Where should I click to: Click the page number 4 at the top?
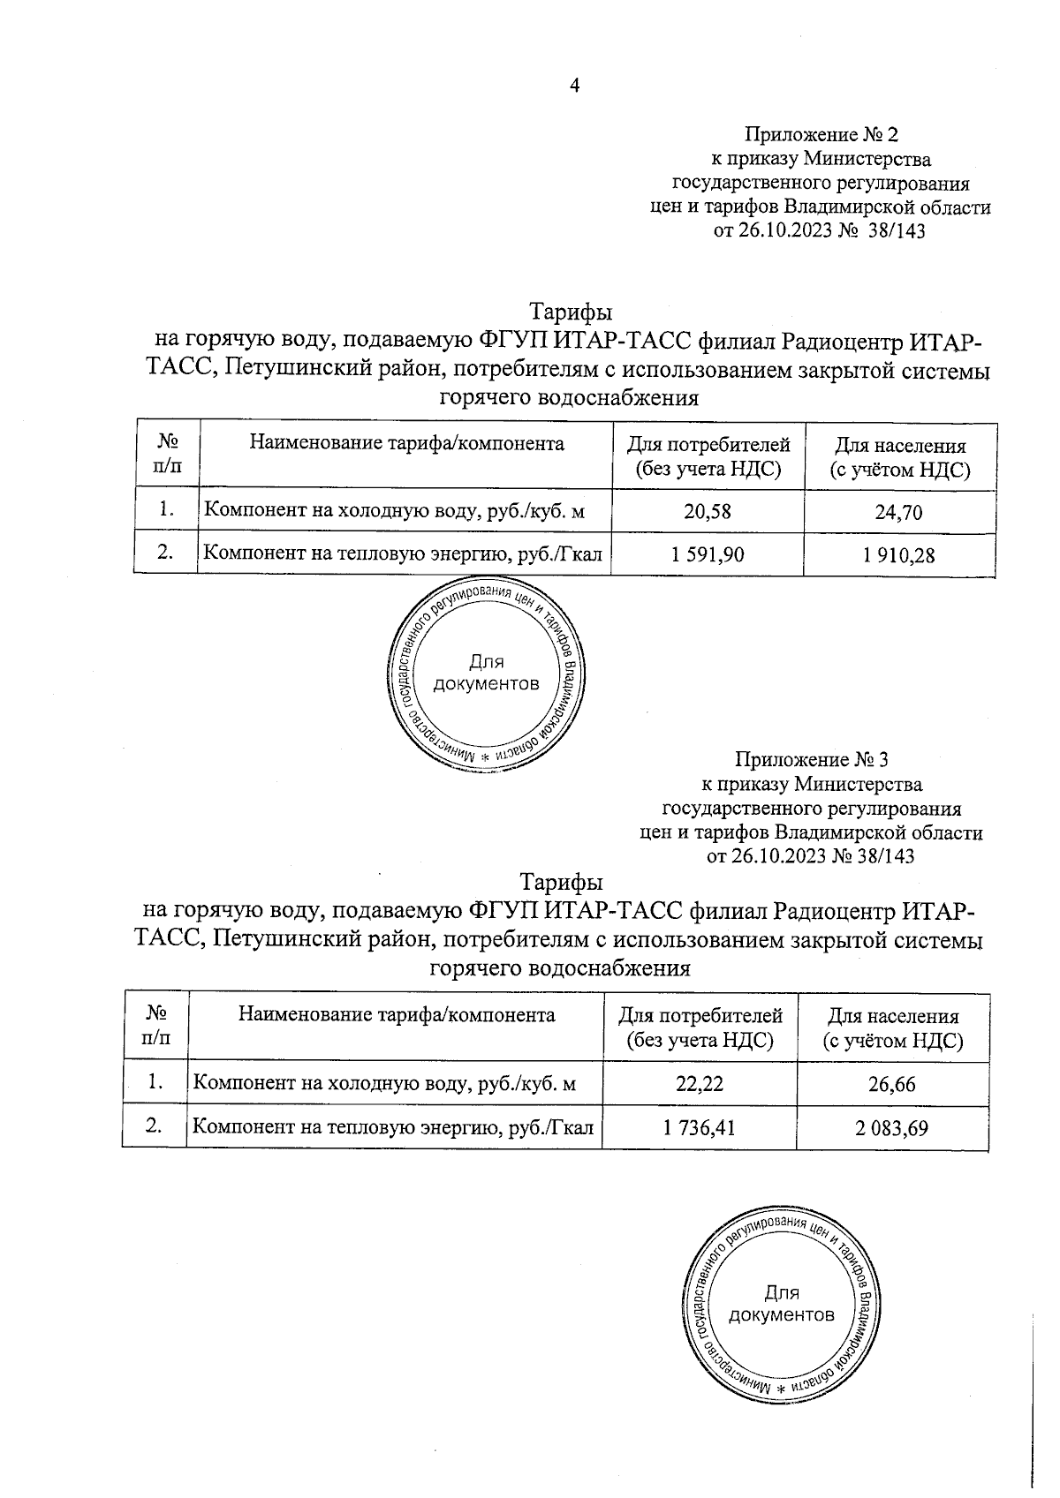click(x=575, y=86)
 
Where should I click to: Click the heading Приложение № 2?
click(x=821, y=135)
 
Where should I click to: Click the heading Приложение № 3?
click(x=813, y=759)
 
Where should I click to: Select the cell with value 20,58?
click(x=708, y=510)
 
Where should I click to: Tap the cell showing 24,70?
click(x=899, y=511)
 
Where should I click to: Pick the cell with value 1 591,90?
click(x=708, y=554)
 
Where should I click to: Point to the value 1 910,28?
click(x=899, y=555)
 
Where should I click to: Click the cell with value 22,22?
click(x=700, y=1083)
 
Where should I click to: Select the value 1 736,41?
click(x=700, y=1127)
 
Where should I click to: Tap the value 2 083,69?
click(x=892, y=1128)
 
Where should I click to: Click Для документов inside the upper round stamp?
click(x=486, y=674)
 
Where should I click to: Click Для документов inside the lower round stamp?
click(x=781, y=1305)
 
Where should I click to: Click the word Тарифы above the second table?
click(x=562, y=883)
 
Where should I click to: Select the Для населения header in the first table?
click(x=900, y=458)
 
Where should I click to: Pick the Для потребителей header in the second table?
click(x=700, y=1028)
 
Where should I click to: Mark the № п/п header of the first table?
click(x=168, y=454)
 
